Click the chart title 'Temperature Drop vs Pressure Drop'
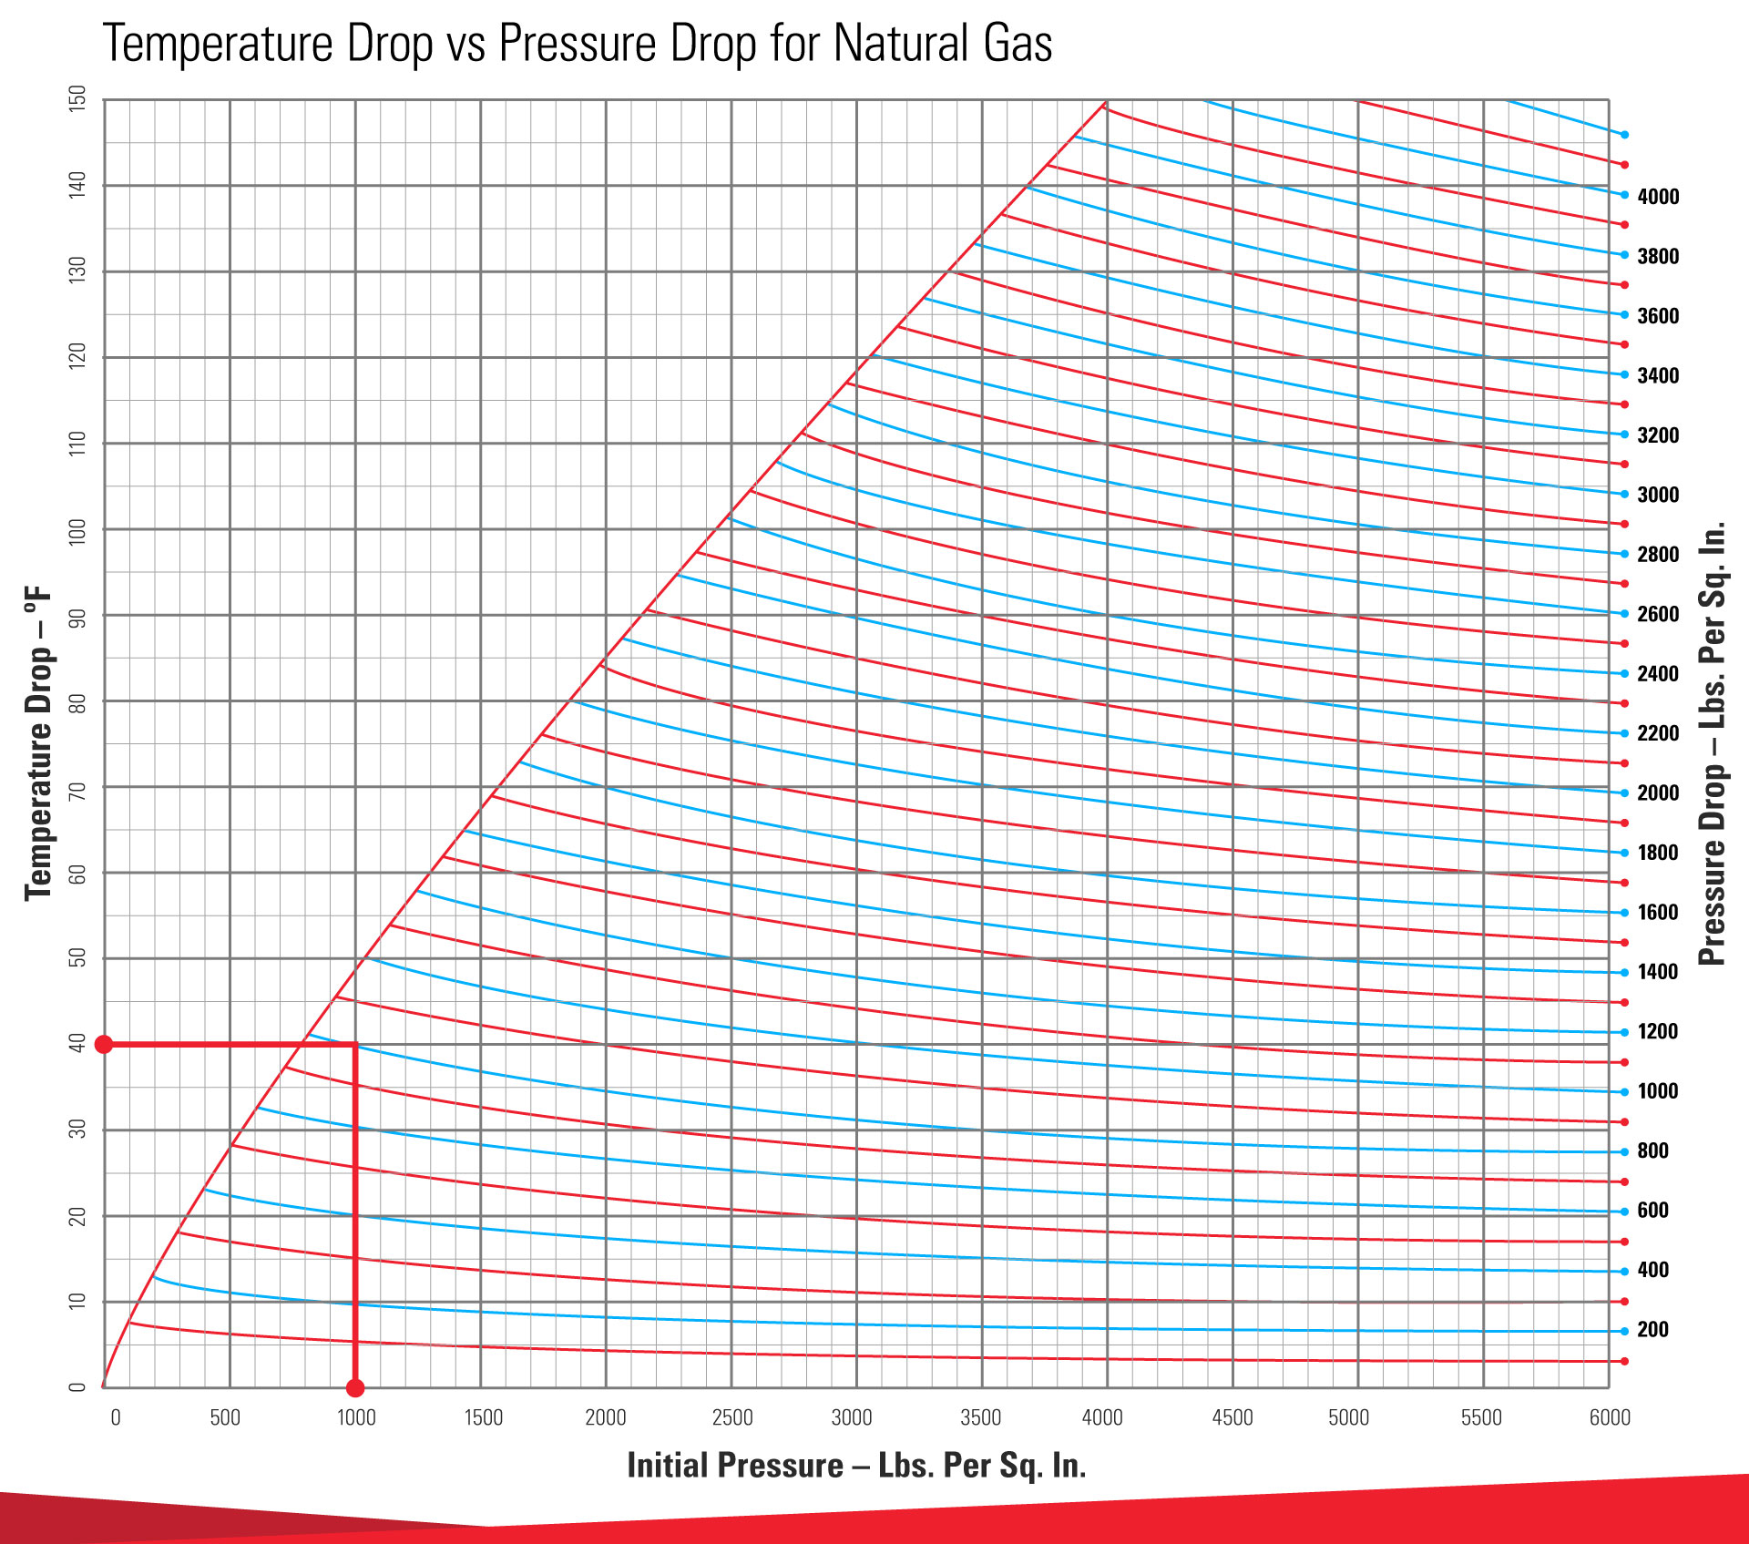click(x=578, y=43)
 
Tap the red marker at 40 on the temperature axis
click(x=104, y=1044)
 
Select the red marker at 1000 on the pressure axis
click(x=355, y=1388)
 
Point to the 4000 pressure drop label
click(x=1657, y=197)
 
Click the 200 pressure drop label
click(x=1652, y=1330)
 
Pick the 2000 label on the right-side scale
click(x=1657, y=793)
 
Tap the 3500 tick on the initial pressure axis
click(x=980, y=1417)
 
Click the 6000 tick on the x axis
click(x=1610, y=1417)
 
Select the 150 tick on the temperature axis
click(x=77, y=98)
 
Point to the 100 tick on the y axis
click(x=77, y=531)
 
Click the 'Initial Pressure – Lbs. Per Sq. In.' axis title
click(x=856, y=1466)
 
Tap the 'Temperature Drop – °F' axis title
click(x=38, y=743)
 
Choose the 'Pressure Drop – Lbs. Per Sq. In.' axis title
click(x=1713, y=743)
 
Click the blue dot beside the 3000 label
click(x=1624, y=495)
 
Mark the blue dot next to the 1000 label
click(x=1624, y=1092)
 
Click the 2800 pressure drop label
click(x=1657, y=555)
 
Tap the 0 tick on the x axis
click(x=116, y=1417)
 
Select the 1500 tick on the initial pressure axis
click(x=483, y=1417)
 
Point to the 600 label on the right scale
click(x=1652, y=1211)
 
